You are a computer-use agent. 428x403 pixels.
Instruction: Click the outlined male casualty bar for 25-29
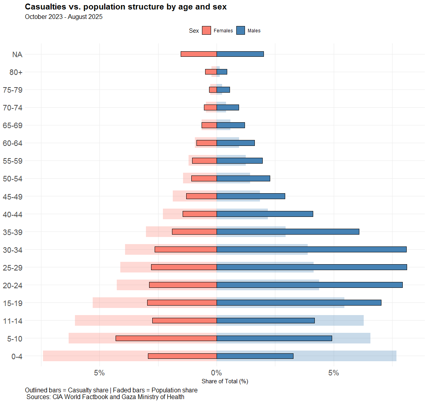[x=312, y=267]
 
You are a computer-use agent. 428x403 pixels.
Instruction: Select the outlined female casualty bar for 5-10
[x=166, y=338]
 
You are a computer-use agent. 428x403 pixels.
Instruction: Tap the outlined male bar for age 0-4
[x=255, y=356]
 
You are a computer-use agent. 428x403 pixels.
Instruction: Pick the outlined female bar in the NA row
[x=199, y=54]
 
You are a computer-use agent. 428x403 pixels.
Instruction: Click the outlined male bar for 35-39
[x=288, y=232]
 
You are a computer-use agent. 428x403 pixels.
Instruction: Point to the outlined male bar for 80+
[x=222, y=72]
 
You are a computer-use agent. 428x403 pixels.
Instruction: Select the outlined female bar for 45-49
[x=202, y=196]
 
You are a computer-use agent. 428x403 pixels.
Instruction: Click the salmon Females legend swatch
[x=206, y=31]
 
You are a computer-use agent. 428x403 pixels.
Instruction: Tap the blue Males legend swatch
[x=241, y=31]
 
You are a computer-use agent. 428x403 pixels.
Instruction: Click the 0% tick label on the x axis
[x=217, y=373]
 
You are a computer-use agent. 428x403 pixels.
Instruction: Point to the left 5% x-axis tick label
[x=99, y=373]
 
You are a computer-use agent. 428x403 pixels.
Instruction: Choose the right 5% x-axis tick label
[x=334, y=373]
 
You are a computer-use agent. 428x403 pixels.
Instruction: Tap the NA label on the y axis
[x=17, y=54]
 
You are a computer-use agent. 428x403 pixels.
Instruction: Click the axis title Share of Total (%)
[x=224, y=381]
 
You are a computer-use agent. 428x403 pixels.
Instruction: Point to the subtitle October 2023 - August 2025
[x=64, y=17]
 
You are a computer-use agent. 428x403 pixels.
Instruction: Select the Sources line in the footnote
[x=105, y=397]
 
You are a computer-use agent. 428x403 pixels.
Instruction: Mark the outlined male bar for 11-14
[x=265, y=321]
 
